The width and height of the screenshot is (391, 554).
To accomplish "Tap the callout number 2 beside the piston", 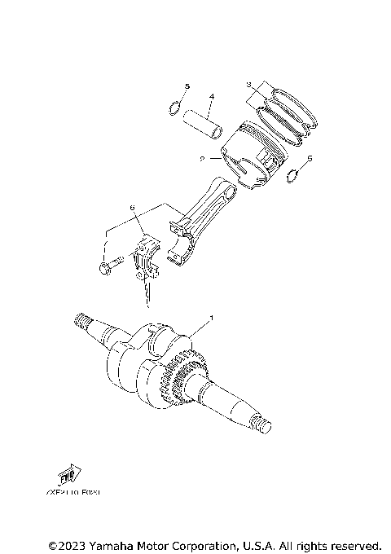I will (201, 160).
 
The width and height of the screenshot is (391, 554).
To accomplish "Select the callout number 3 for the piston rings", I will (251, 84).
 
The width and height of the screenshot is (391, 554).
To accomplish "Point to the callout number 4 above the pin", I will (210, 97).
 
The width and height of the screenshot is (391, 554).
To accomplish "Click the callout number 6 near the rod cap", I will (131, 209).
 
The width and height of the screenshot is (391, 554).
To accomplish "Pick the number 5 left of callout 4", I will (187, 86).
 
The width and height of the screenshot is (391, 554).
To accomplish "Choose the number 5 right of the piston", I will (309, 160).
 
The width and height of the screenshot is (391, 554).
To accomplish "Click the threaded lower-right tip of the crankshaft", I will (265, 425).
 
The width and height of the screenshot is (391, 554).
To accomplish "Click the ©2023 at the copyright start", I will (64, 544).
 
